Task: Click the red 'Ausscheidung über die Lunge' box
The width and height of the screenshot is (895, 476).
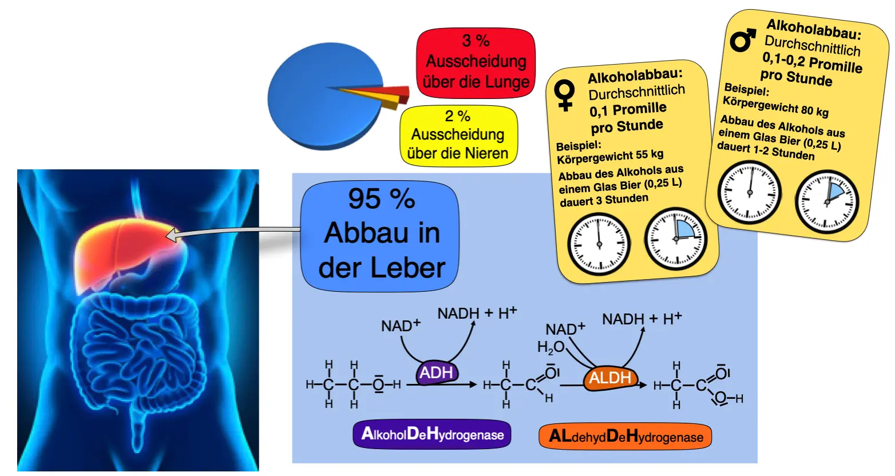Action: coord(476,62)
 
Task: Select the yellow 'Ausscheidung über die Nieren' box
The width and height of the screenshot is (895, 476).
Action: coord(458,136)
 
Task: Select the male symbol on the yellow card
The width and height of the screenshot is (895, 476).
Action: coord(743,40)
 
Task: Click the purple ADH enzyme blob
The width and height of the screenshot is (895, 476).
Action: coord(437,373)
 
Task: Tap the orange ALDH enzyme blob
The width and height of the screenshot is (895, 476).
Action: coord(610,378)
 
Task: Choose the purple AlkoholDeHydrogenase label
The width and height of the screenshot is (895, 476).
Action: coord(432,434)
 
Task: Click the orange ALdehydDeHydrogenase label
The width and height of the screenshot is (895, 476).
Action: coord(625,437)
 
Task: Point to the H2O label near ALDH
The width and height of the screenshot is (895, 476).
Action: coord(551,347)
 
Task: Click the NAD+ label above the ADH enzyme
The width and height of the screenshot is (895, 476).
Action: coord(401,326)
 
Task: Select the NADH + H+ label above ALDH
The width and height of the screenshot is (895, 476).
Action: coord(641,319)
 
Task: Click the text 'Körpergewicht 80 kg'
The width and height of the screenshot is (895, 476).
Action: coord(775,106)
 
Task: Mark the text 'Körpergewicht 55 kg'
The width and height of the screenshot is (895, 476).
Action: coord(610,156)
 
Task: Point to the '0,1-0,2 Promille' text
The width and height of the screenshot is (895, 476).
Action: coord(812,62)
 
